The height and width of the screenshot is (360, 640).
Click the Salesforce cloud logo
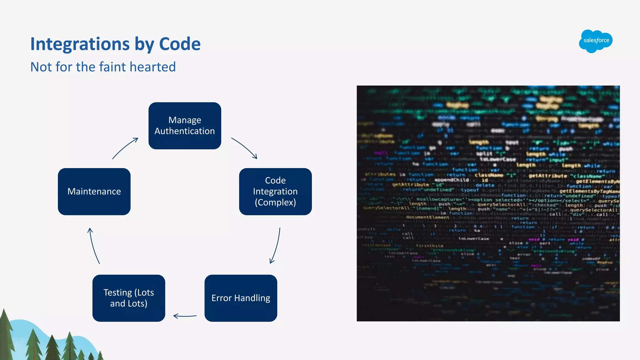coord(596,41)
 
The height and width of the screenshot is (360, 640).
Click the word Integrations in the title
coord(80,44)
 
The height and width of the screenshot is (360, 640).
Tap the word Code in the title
coord(180,44)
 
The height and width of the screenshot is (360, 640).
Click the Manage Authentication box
coord(185,126)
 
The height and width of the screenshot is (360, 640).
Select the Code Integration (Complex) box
coord(275,192)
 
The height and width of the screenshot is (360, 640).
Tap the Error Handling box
coord(241,298)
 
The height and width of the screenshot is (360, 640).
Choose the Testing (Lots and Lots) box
coord(129,298)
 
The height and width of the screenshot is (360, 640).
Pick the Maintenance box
coord(94,192)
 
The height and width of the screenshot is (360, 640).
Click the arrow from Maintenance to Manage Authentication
coord(125,148)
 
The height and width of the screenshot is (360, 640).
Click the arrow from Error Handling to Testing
coord(185,316)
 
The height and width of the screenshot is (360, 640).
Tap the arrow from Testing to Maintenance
coord(94,246)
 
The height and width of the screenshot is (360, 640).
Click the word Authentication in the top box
coord(185,131)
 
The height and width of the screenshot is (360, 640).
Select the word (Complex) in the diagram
coord(275,202)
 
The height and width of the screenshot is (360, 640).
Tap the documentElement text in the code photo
coord(427,217)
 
